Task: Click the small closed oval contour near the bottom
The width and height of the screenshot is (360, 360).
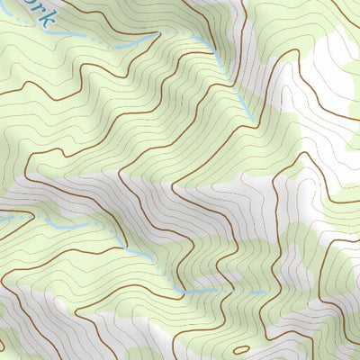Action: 241,348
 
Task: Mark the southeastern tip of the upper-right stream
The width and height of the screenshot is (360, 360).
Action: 249,114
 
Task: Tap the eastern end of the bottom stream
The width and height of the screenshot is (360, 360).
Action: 264,292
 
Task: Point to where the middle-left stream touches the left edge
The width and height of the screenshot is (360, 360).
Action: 2,219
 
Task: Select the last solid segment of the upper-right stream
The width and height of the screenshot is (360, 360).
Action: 236,90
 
